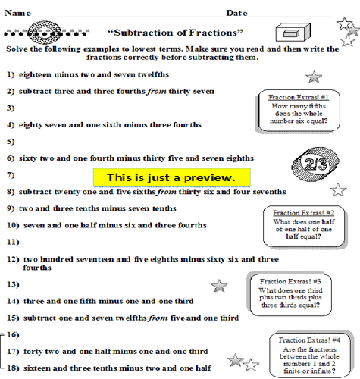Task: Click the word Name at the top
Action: click(x=18, y=13)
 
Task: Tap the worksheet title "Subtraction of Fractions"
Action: click(x=176, y=33)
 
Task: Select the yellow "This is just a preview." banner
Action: click(x=171, y=177)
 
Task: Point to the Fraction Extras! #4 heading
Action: click(x=311, y=341)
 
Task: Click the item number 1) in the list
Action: click(x=11, y=74)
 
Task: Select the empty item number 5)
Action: click(x=11, y=142)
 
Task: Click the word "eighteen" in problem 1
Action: click(x=37, y=74)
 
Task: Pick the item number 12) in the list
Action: click(x=12, y=258)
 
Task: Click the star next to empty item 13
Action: click(x=220, y=285)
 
